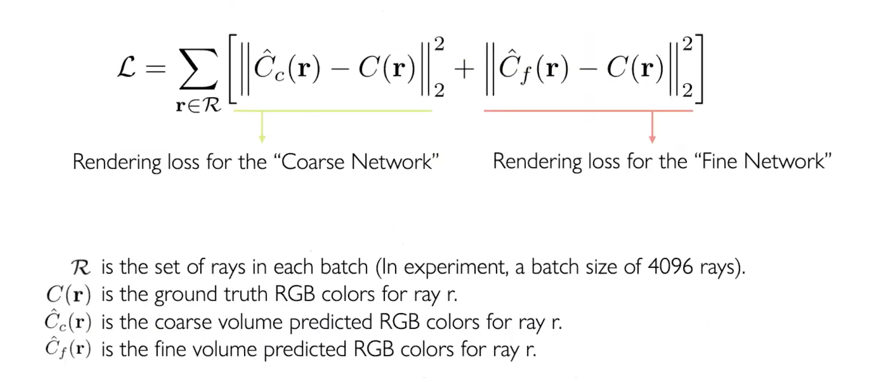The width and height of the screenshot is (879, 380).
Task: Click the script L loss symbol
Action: [x=126, y=68]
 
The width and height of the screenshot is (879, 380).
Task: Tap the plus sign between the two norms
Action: [x=464, y=69]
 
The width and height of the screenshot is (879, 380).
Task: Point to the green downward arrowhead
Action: [x=262, y=139]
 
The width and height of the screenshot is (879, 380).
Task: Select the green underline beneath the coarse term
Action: [x=332, y=111]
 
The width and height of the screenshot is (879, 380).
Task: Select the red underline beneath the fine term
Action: [x=588, y=111]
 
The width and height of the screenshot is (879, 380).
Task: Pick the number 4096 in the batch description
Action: [x=670, y=266]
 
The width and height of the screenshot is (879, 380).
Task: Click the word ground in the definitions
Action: [x=186, y=295]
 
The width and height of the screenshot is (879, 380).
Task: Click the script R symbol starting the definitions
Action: [x=81, y=267]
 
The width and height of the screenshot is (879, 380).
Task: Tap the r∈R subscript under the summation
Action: [x=198, y=106]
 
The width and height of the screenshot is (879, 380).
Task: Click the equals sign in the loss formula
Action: [x=155, y=69]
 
